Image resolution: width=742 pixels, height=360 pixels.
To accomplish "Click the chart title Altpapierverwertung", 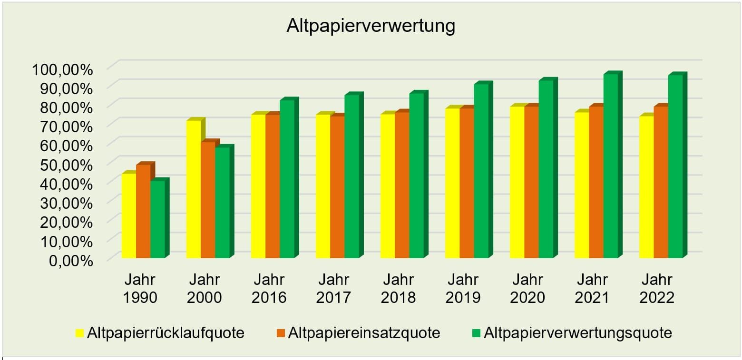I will pos(371,26).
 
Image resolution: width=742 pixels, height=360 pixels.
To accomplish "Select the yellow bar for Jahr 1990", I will pos(129,216).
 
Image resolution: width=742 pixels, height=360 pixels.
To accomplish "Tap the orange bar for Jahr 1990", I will pos(143,212).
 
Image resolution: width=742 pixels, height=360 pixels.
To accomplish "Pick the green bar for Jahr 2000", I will pos(222,203).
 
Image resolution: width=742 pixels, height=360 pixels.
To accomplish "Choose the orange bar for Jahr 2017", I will pos(337,187).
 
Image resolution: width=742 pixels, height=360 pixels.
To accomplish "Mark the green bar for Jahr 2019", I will pos(481,171).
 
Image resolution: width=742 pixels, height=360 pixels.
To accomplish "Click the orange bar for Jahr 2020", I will pos(531,182).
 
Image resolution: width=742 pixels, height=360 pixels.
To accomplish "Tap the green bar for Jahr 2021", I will pos(610,166).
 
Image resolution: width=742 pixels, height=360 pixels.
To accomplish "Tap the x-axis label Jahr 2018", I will pos(398,288).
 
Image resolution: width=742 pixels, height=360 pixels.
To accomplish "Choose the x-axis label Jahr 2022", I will pos(657,288).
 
